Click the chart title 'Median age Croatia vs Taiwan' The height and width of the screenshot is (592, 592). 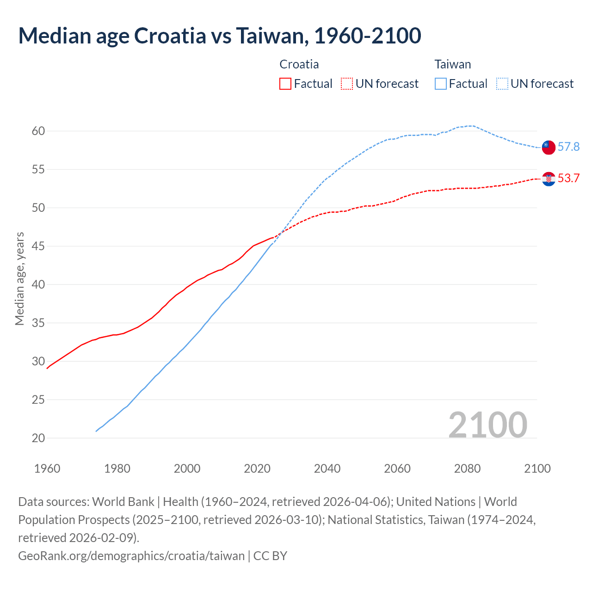[x=220, y=36]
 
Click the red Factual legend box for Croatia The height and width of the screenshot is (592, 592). [x=285, y=84]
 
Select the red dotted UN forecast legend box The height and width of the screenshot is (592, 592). [x=346, y=84]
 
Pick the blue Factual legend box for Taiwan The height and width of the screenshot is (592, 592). [x=440, y=84]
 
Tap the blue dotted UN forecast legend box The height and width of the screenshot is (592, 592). [x=502, y=84]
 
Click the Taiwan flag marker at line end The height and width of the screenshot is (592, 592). [x=549, y=147]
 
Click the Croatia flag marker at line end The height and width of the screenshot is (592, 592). [x=549, y=179]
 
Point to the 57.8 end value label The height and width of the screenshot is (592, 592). [x=568, y=147]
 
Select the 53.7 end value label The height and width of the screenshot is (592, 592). [x=568, y=179]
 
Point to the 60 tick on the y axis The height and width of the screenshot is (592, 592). [x=38, y=131]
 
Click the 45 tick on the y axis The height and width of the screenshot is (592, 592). [x=38, y=247]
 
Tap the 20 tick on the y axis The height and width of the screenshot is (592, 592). [x=38, y=438]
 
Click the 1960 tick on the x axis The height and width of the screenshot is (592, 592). [x=47, y=469]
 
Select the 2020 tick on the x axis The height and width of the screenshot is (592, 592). [x=257, y=469]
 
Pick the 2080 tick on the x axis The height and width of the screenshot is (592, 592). [x=467, y=469]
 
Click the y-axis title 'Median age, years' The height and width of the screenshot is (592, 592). [x=19, y=279]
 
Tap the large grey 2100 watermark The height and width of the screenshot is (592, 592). [x=487, y=425]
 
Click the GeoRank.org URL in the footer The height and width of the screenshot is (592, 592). [x=131, y=555]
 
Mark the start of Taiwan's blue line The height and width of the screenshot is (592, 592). [x=96, y=431]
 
